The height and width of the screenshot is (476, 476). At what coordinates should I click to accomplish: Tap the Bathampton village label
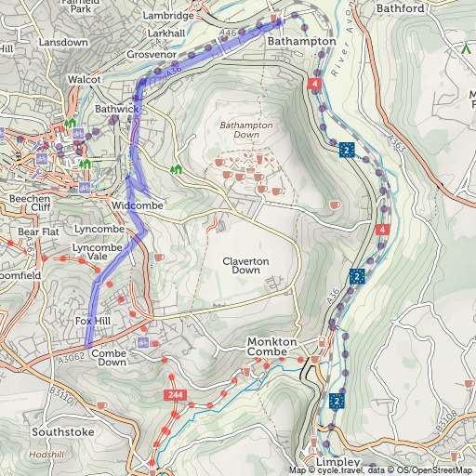coord(301,43)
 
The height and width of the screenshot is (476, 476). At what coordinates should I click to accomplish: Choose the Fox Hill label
coord(92,321)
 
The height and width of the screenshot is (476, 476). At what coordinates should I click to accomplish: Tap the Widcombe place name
coord(137,204)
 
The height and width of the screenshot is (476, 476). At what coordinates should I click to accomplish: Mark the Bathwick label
coord(116,110)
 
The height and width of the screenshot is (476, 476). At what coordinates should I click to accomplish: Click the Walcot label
coord(84,80)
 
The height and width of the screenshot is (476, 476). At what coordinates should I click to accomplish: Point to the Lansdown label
coord(63,43)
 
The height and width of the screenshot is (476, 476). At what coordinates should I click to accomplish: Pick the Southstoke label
coord(62,432)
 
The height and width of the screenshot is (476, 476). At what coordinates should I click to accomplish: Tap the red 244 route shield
coord(175,396)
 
